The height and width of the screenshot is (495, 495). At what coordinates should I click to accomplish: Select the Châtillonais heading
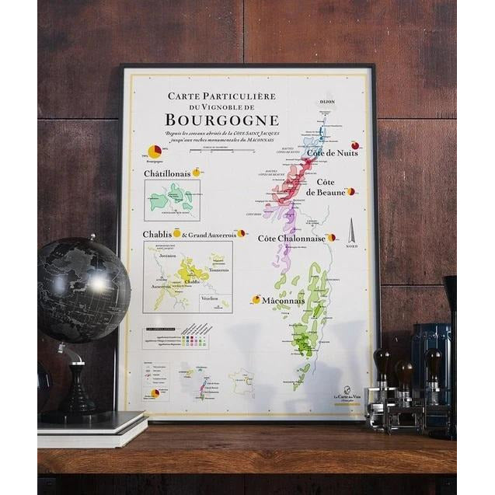click(167, 173)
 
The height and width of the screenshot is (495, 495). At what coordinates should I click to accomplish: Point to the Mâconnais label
click(282, 300)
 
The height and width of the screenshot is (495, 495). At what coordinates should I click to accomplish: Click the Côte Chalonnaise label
click(291, 239)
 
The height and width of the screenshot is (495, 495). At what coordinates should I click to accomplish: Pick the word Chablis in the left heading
click(157, 234)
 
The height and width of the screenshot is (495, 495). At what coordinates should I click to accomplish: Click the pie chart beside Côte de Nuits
click(355, 145)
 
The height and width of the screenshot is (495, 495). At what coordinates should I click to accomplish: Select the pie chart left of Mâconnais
click(256, 299)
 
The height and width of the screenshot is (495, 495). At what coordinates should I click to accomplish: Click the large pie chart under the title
click(155, 152)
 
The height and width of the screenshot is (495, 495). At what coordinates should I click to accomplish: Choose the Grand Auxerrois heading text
click(210, 234)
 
